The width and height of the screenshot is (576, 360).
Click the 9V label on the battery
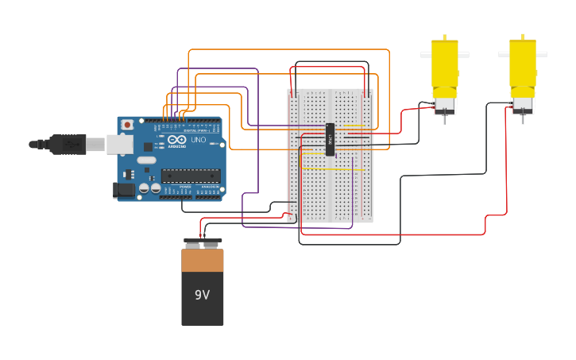pos(202,295)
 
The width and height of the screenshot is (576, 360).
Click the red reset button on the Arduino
pos(127,126)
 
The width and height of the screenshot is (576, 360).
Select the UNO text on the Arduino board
pos(198,140)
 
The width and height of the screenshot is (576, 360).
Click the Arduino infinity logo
pos(176,141)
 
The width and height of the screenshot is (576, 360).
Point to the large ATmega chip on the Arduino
pos(191,176)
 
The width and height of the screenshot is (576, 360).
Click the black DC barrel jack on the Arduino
pos(124,189)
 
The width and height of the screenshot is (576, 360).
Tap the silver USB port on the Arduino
pos(119,144)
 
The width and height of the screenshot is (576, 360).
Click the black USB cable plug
pos(68,144)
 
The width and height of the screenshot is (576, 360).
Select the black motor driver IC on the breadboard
pos(330,139)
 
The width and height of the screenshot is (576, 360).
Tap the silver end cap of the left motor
pos(445,105)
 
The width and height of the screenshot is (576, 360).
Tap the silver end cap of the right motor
pos(523,105)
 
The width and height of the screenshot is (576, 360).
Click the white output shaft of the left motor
pos(463,55)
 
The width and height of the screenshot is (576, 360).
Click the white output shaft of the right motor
pos(504,55)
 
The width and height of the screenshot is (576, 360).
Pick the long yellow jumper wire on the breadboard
pos(334,169)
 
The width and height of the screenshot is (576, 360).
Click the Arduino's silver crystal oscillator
pos(146,160)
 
